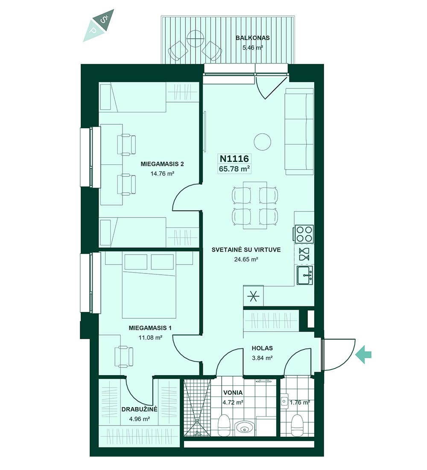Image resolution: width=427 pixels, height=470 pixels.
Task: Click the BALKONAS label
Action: (252, 38)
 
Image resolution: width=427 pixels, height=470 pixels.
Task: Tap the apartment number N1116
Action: (234, 158)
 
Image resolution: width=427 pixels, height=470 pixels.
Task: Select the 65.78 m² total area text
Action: (234, 169)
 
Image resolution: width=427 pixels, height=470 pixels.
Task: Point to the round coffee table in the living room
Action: (263, 142)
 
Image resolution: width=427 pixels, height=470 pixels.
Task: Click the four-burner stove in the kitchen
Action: (304, 234)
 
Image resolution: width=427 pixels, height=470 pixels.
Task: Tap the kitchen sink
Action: (305, 275)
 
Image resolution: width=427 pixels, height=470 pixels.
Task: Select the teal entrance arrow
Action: (363, 355)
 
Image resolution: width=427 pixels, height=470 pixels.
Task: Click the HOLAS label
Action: (262, 348)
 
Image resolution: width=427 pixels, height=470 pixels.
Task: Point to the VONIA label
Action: (233, 393)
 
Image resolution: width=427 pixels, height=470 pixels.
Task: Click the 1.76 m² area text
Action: (300, 402)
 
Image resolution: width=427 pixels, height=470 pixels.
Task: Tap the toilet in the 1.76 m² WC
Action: (298, 425)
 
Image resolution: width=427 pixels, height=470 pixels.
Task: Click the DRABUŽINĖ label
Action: (139, 409)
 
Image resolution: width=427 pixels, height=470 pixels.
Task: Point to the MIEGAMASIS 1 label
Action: (150, 328)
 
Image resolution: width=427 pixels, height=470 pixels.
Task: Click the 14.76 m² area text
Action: (162, 173)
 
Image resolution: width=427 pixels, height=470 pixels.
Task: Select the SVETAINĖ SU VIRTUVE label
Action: (246, 250)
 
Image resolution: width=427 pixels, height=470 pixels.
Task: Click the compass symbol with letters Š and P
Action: (99, 25)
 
